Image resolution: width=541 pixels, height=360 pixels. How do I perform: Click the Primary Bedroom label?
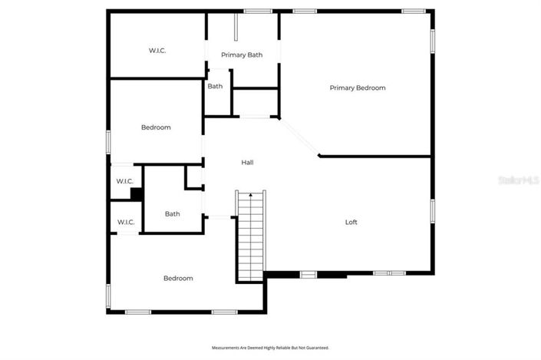click(x=358, y=88)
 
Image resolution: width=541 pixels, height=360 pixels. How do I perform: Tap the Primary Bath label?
click(x=242, y=55)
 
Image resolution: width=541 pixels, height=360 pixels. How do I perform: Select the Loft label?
click(x=351, y=223)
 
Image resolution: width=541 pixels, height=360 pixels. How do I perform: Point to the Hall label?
click(x=247, y=163)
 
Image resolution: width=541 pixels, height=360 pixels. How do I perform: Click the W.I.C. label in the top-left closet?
click(x=157, y=51)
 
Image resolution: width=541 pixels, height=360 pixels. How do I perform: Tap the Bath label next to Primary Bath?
click(x=215, y=86)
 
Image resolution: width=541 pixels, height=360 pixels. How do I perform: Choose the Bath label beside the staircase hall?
click(x=172, y=214)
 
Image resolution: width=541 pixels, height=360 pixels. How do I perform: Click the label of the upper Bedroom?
click(x=156, y=127)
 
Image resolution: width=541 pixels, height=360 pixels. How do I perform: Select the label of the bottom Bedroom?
click(x=178, y=278)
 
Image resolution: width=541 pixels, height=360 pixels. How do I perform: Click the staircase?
click(x=249, y=238)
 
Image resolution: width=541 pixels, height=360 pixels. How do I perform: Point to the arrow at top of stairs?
click(x=250, y=197)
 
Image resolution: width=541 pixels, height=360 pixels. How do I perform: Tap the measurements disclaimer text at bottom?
click(x=270, y=348)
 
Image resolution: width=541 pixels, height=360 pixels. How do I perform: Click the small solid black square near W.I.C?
click(x=136, y=193)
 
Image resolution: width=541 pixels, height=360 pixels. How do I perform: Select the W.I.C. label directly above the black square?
click(x=125, y=181)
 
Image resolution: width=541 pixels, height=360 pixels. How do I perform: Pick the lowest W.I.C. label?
click(x=126, y=223)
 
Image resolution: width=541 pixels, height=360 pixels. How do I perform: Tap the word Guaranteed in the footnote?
click(x=316, y=348)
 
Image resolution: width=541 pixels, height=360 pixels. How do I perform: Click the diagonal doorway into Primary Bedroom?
click(x=299, y=137)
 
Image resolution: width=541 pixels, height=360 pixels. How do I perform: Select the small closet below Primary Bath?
click(x=254, y=101)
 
